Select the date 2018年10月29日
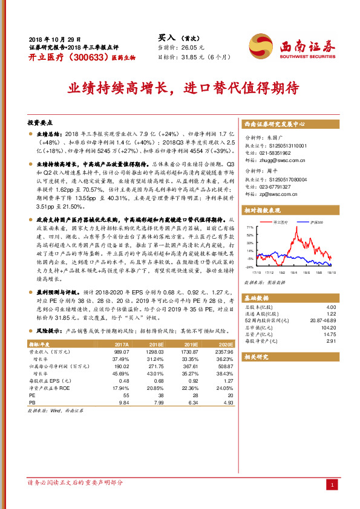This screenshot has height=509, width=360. pyautogui.click(x=55, y=38)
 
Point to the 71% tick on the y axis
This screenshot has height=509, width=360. pyautogui.click(x=250, y=228)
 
